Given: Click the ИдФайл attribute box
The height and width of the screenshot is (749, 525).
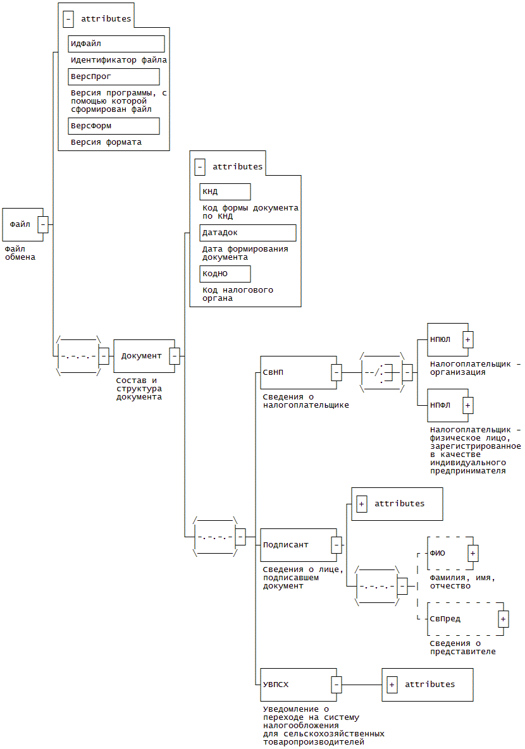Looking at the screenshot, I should point(116,44).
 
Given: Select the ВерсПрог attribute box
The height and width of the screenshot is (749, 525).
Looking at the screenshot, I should point(114,76).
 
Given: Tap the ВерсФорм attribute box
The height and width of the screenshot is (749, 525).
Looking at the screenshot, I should point(114,126).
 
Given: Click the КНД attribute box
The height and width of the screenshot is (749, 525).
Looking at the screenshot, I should point(225,192).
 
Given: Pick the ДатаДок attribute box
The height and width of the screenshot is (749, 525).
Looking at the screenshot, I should point(248,233).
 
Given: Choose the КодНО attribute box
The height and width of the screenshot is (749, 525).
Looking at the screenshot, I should point(225,274).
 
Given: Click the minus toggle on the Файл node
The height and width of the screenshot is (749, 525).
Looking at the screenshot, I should point(43,224).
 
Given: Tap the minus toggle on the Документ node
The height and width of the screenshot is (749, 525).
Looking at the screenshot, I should point(175,356).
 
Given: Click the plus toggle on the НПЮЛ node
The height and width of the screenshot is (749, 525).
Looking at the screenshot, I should point(468,339).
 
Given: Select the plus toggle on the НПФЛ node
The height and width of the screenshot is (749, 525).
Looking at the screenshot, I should point(468,405).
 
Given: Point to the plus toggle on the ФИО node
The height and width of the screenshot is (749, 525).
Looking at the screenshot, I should point(473,553).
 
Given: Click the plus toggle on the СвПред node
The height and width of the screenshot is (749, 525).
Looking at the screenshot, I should point(503,619).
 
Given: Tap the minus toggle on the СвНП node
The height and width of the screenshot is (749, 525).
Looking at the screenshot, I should point(337,372).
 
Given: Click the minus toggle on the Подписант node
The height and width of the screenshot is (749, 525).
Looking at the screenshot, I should point(337,545).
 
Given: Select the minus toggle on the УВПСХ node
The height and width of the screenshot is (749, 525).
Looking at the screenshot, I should point(337,684).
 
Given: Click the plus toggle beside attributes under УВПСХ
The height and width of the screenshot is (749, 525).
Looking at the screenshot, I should point(392,685).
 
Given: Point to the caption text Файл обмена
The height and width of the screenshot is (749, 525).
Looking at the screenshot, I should point(20,253).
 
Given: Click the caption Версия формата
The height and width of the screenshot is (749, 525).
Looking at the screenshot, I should point(106,142).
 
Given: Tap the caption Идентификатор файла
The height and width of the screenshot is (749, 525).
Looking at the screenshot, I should point(119,60).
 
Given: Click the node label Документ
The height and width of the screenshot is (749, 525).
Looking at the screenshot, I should point(142,356).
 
